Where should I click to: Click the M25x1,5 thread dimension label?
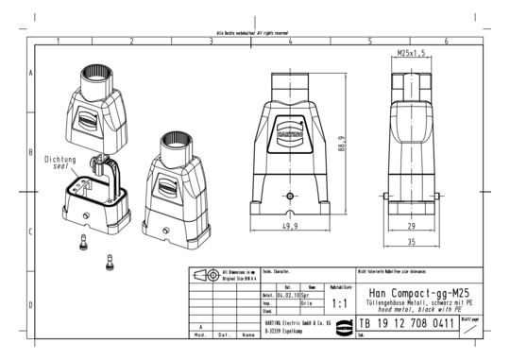click(411, 53)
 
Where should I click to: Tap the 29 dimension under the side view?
click(412, 227)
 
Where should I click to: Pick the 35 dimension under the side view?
click(412, 242)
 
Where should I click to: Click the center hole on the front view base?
click(289, 197)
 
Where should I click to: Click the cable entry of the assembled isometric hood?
click(174, 143)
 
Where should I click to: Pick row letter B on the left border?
click(33, 151)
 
